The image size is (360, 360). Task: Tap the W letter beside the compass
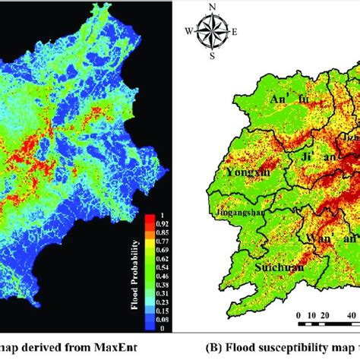(x=188, y=32)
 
